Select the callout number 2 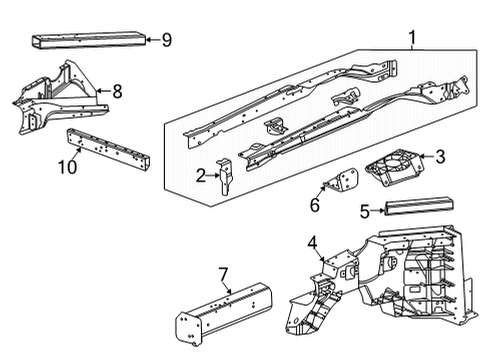coord(201,176)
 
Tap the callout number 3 coord(438,156)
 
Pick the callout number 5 coord(365,210)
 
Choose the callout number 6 coord(314,206)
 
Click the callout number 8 coord(118,91)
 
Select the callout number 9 coord(166,40)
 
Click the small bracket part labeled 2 coord(226,178)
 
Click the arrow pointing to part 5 coord(378,210)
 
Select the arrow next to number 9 coord(152,40)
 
